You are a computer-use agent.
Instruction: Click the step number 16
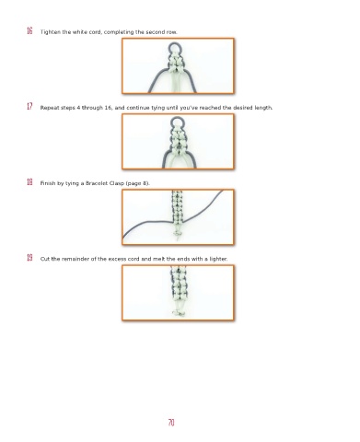coord(29,31)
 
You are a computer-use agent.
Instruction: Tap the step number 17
coord(29,107)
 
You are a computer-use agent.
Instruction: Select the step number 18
coord(29,182)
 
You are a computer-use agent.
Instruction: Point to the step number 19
coord(29,258)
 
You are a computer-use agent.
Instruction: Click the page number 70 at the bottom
coord(171,423)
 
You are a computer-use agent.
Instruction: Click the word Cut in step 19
coord(45,259)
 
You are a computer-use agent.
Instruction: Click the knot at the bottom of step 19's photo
coord(179,313)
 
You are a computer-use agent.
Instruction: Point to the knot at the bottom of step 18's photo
coord(177,234)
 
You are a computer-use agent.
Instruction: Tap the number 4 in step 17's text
coord(78,108)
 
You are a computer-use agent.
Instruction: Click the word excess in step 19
coord(117,259)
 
